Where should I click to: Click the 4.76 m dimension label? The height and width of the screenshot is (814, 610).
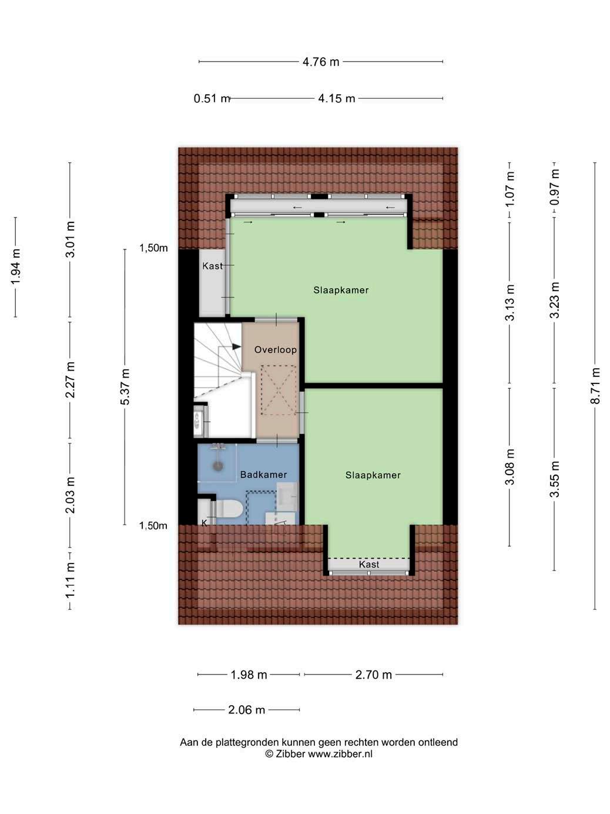point(321,62)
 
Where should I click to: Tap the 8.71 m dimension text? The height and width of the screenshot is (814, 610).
point(595,385)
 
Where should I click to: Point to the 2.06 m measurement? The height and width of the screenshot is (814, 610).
point(246,710)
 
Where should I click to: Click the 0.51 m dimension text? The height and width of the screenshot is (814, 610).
point(212,99)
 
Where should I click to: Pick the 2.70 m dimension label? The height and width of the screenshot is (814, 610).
point(373,675)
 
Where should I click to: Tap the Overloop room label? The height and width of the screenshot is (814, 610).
point(275,350)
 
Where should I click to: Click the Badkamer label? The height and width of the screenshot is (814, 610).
point(263,475)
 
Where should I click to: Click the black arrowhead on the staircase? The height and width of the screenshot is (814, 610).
point(236,347)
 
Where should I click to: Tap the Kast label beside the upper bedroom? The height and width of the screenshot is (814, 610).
point(212,266)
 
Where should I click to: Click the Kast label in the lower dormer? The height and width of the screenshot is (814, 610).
point(369,565)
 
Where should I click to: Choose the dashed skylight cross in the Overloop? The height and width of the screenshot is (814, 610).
point(278,390)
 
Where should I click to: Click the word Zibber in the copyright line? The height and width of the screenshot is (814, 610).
point(290,754)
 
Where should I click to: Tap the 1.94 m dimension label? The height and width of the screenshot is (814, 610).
point(15,267)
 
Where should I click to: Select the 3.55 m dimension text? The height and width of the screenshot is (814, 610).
point(554,479)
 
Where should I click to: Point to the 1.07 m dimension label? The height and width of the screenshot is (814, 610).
point(510,189)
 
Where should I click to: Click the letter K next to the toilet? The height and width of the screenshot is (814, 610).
point(204,522)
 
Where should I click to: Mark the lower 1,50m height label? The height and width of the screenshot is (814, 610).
point(153,525)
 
